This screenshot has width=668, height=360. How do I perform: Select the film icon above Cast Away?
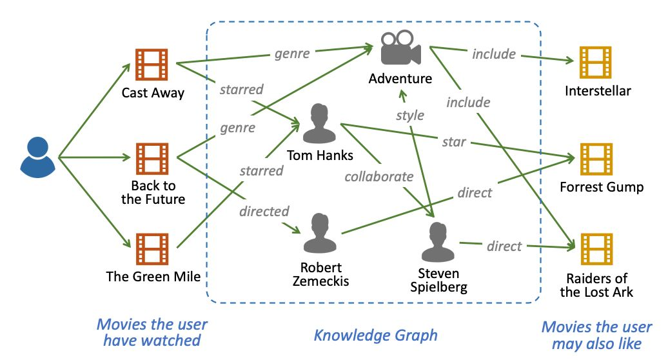(152, 64)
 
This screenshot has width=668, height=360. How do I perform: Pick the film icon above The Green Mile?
(152, 249)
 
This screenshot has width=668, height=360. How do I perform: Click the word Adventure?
(400, 79)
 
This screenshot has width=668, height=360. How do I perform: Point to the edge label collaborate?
(378, 176)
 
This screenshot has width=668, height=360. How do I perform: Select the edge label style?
(410, 115)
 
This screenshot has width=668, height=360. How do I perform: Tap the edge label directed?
(264, 210)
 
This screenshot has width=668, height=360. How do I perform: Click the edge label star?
(454, 141)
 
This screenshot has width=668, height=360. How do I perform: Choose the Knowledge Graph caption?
(375, 335)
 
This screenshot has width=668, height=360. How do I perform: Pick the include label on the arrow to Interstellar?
(494, 54)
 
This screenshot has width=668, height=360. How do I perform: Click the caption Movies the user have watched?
(152, 332)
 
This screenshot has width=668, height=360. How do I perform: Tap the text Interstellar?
(598, 91)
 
